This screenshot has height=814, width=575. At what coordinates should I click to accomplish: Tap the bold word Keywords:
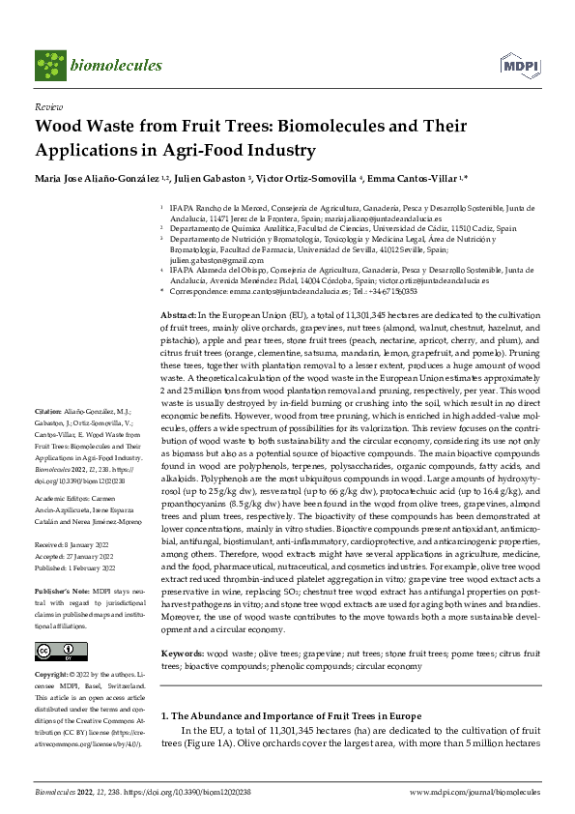(182, 654)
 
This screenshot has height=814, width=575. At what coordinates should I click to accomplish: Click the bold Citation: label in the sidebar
(49, 438)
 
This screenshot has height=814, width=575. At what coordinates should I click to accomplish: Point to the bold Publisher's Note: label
(61, 589)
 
